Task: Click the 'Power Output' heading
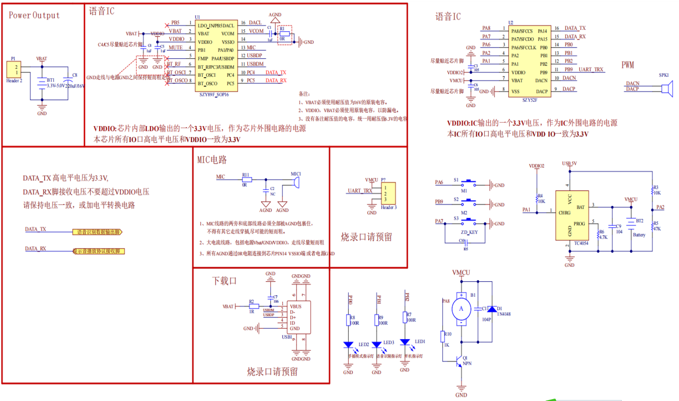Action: [34, 15]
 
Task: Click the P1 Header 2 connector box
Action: [14, 70]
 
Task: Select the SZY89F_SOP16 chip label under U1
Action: [214, 95]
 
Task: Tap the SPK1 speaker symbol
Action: [668, 88]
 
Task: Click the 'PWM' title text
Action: [628, 65]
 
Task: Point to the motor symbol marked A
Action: [461, 309]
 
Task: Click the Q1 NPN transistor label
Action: [466, 361]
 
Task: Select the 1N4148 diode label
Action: [504, 314]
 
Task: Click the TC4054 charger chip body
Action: [572, 215]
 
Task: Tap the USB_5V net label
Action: [569, 163]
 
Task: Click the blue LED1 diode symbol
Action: [405, 343]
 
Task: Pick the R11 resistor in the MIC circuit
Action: [247, 179]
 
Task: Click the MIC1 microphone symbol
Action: [296, 182]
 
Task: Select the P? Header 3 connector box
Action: [388, 193]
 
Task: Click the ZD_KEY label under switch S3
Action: [469, 232]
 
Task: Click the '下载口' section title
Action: [224, 281]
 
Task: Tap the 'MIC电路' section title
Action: [212, 160]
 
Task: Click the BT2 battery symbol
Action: [631, 224]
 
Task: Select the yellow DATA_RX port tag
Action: [98, 251]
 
